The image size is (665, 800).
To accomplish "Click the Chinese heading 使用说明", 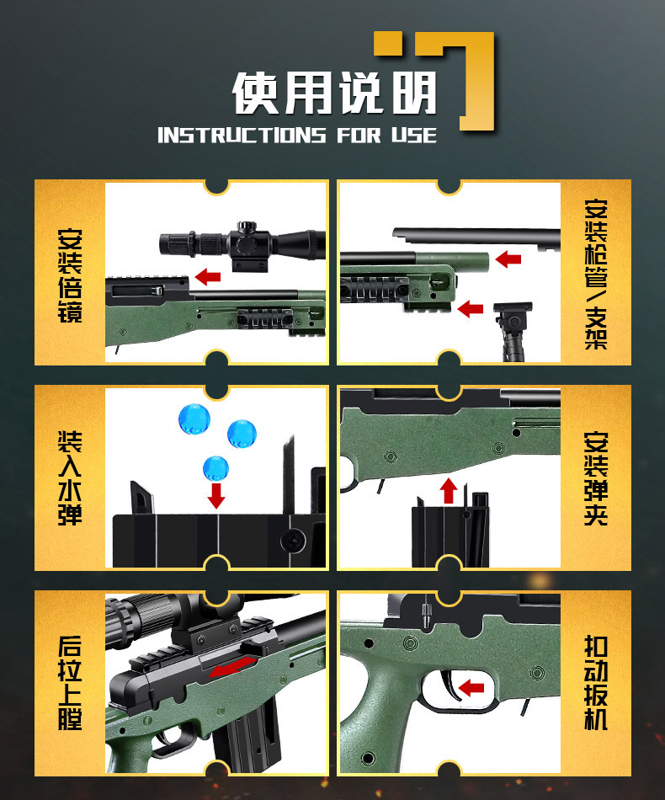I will click(x=335, y=93).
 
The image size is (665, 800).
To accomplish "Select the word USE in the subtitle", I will click(x=413, y=136).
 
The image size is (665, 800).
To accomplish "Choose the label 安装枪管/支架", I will click(x=595, y=275).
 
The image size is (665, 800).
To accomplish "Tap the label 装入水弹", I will click(x=70, y=477).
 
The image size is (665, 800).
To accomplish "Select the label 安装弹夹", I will click(x=595, y=477).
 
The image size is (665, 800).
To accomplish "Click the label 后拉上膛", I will click(x=70, y=682).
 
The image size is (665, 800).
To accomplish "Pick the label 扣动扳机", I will click(x=595, y=682).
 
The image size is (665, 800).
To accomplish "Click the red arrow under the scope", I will click(x=207, y=276).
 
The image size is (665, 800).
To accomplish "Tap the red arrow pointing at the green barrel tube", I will click(x=508, y=259).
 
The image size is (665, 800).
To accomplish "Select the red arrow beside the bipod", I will click(x=470, y=309).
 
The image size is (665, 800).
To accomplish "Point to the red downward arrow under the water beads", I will click(x=216, y=495).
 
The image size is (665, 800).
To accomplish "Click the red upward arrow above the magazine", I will click(x=448, y=489).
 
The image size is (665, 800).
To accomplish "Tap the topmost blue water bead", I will click(x=193, y=417).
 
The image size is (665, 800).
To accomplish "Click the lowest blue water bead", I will click(x=215, y=466).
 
